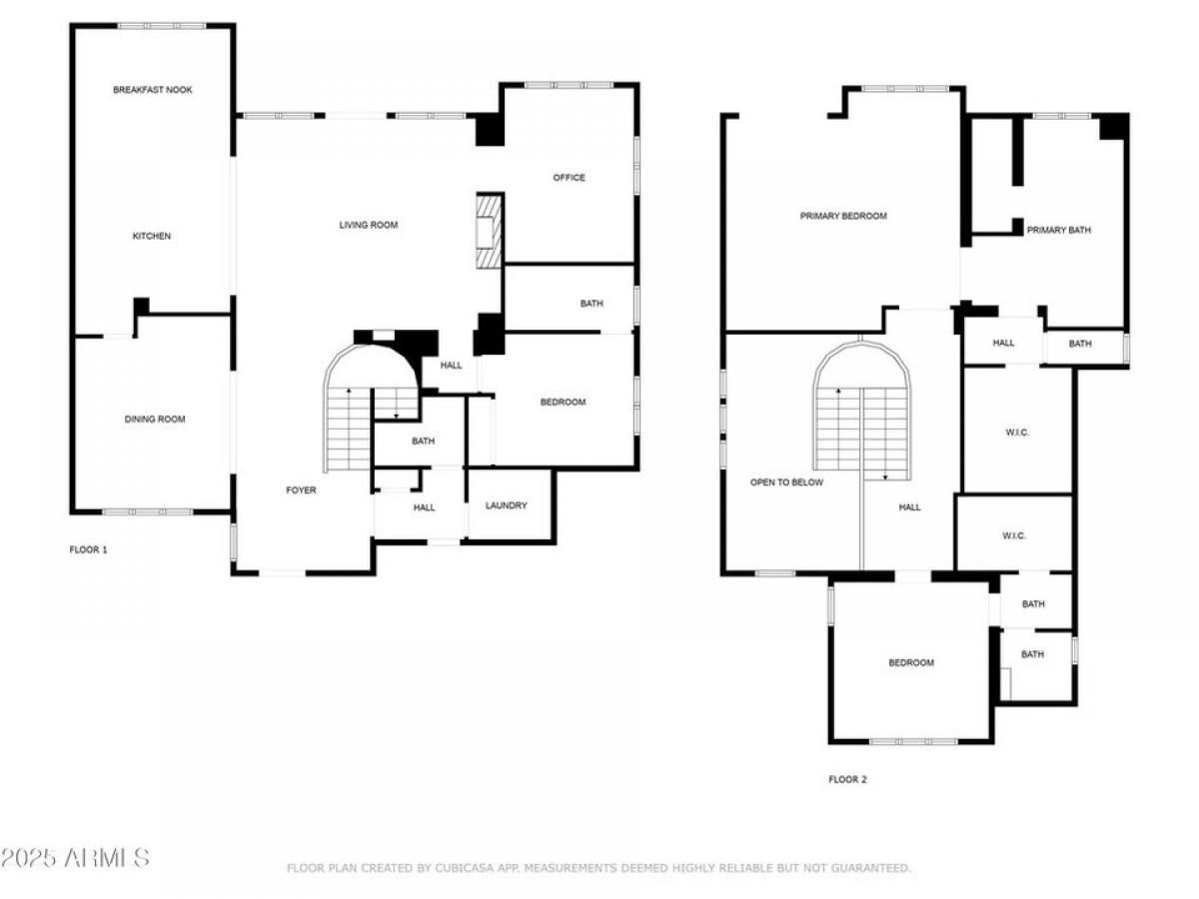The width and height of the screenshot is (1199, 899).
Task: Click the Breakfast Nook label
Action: coord(153,90)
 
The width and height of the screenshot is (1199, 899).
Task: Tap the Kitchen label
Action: coord(152,236)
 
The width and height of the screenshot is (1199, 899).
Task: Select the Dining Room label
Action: coord(155,420)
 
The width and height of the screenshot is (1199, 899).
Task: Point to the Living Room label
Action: coord(369,225)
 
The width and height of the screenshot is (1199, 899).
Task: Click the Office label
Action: coord(569,178)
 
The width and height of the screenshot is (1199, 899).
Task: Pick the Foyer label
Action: coord(301,490)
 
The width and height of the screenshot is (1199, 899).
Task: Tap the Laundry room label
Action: coord(506,505)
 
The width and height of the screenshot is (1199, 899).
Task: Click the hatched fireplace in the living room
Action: coord(489,231)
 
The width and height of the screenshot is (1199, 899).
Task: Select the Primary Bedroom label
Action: coord(843,216)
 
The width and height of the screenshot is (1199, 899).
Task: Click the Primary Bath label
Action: coord(1058,231)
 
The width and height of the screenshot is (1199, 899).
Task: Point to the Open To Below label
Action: coord(786,482)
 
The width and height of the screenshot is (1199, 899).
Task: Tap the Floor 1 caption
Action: coord(88,549)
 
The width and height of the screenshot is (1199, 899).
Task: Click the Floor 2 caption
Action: coord(847,779)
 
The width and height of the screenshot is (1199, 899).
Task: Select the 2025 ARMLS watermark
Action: coord(75,858)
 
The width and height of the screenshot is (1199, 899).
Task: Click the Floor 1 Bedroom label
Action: coord(563,403)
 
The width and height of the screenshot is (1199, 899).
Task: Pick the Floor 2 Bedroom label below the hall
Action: coord(911,662)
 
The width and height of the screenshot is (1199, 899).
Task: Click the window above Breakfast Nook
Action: coord(162,26)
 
